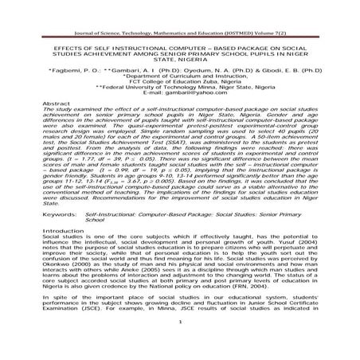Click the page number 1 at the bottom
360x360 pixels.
tap(181, 345)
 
